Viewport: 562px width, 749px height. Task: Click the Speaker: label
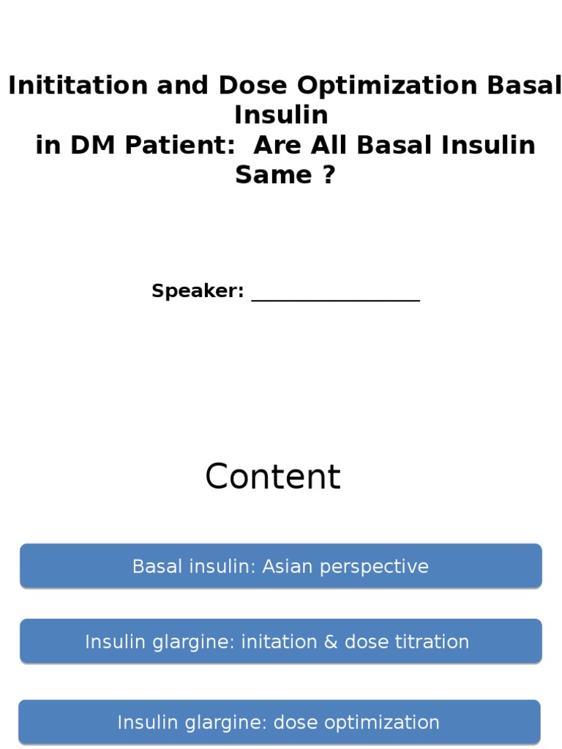tap(198, 291)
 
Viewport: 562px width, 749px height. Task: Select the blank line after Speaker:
tap(335, 296)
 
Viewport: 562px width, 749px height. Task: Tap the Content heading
tap(273, 477)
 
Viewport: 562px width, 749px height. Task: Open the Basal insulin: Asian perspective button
tap(280, 566)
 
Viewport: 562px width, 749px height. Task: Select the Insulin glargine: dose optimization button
tap(279, 722)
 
